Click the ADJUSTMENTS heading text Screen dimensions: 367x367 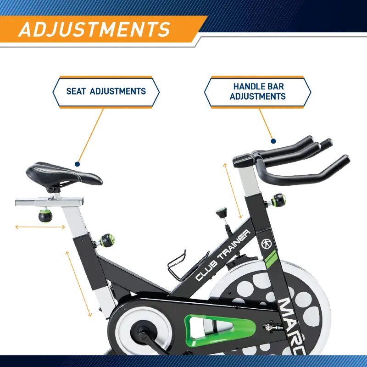[x=94, y=29]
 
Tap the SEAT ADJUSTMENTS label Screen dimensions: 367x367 [x=106, y=91]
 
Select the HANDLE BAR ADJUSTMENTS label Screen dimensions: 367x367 [x=257, y=91]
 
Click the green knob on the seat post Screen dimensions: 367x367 [x=107, y=239]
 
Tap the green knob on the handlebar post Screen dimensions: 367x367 [x=279, y=200]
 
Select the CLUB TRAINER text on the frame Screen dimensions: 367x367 [x=223, y=255]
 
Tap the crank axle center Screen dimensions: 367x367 [x=138, y=329]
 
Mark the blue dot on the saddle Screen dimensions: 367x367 [x=78, y=164]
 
